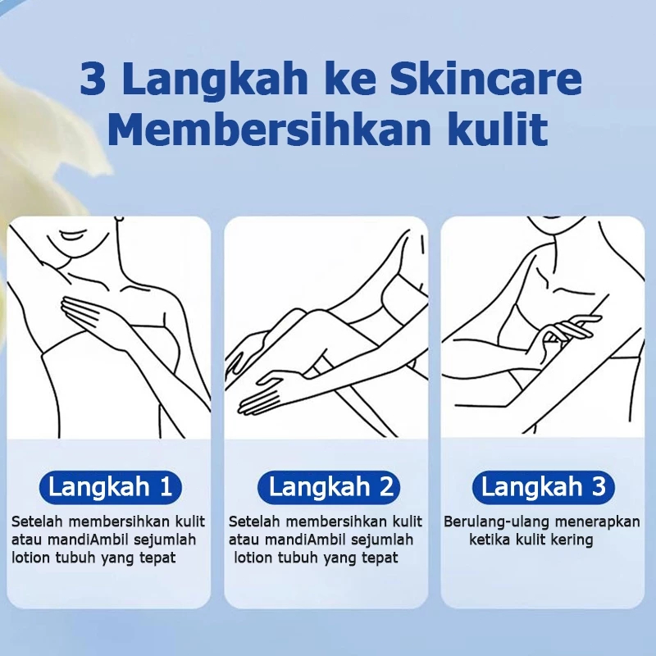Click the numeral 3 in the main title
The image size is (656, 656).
[x=93, y=78]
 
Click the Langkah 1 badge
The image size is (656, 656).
[x=110, y=487]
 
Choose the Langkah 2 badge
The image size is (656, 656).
[x=329, y=487]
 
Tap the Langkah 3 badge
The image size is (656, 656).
[x=544, y=487]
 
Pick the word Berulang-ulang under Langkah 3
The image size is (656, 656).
[x=497, y=522]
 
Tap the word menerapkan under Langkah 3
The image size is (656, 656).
[x=598, y=523]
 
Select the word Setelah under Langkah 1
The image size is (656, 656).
[x=37, y=522]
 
